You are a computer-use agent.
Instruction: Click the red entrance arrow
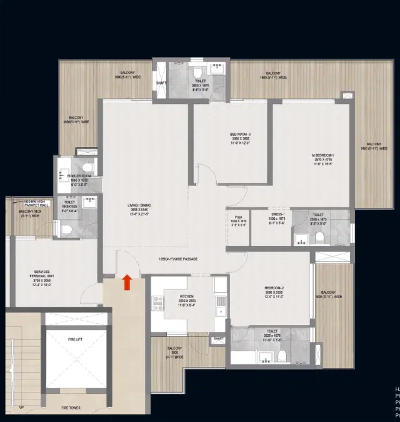click(127, 282)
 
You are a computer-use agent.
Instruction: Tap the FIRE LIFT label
click(76, 339)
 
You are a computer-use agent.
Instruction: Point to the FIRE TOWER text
click(76, 408)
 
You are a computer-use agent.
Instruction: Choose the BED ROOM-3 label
click(241, 135)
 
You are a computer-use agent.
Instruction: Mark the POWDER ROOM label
click(79, 176)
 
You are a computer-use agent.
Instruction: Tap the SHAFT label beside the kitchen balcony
click(218, 339)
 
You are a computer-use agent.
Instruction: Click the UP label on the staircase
click(22, 408)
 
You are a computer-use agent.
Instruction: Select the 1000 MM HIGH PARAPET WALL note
click(36, 203)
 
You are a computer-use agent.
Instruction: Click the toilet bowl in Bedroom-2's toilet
click(282, 356)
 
